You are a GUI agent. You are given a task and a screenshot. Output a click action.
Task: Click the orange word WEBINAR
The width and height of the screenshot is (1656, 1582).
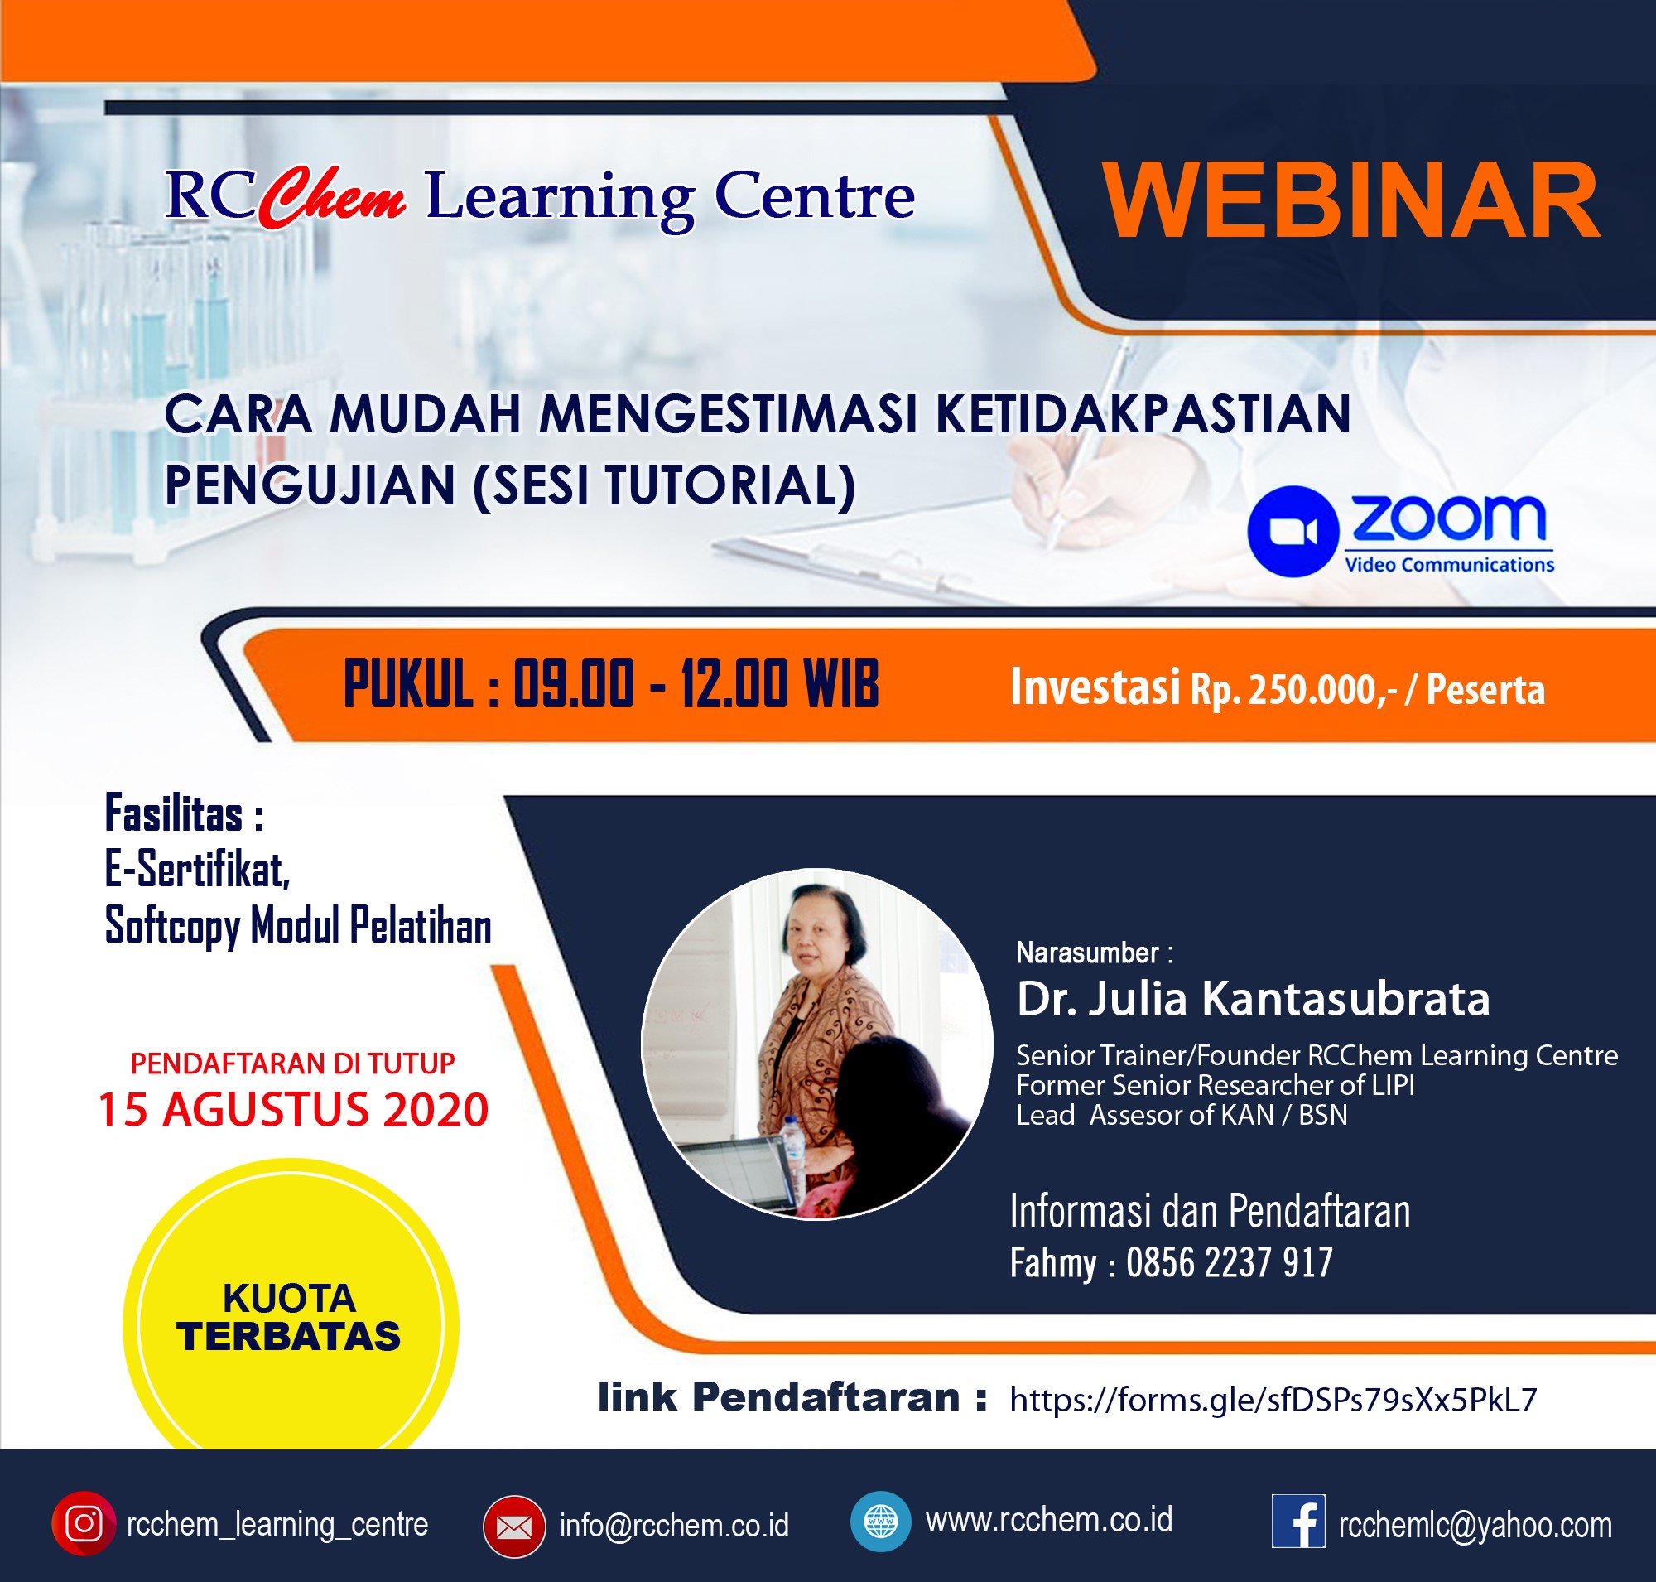[1350, 200]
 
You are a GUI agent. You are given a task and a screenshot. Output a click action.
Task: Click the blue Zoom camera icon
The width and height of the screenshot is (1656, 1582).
[1293, 531]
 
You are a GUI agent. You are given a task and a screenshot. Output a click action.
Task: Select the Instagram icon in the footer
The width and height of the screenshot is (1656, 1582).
[84, 1524]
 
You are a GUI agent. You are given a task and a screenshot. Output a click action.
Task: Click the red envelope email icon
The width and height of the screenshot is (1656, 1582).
[513, 1527]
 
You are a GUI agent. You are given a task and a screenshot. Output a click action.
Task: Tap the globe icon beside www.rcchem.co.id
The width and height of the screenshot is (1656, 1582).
[880, 1522]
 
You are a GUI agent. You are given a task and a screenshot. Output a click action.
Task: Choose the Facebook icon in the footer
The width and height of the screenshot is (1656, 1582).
[1297, 1522]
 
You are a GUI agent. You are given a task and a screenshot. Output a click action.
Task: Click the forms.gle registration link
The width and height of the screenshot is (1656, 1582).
[1273, 1400]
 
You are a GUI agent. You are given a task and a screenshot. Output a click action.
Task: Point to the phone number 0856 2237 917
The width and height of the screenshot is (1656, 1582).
[1230, 1262]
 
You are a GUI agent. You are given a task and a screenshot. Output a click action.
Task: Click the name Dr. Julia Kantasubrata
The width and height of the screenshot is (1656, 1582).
[1253, 998]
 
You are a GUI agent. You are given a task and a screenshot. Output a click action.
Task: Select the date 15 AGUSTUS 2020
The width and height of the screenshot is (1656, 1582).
[293, 1110]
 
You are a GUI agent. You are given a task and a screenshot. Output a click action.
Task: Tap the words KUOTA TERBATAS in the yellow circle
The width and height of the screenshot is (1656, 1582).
[289, 1317]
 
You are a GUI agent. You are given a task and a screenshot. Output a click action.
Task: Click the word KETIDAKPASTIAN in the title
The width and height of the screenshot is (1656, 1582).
[1143, 414]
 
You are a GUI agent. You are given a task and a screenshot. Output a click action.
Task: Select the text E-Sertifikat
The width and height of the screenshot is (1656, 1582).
[197, 870]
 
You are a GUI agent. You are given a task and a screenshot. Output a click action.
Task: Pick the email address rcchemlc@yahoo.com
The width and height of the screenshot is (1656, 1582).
[1475, 1526]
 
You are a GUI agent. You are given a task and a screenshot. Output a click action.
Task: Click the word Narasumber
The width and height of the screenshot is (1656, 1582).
[1087, 952]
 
